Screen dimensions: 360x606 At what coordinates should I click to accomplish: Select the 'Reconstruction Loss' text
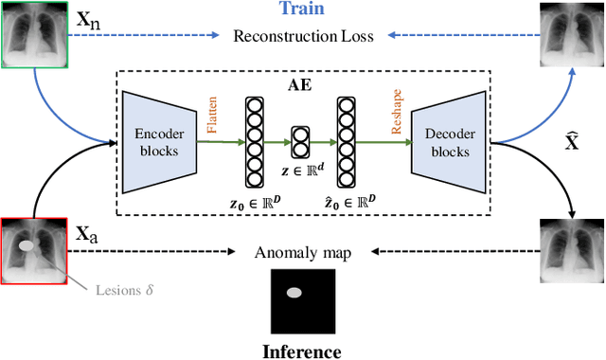[303, 37]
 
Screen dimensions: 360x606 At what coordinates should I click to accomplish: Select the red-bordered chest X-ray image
[33, 250]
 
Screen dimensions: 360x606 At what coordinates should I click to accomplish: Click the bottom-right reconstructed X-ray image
[572, 250]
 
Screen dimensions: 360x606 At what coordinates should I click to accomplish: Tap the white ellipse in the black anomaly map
[295, 293]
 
